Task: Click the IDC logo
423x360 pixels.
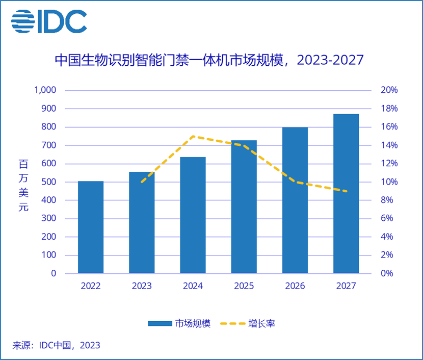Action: [x=49, y=21]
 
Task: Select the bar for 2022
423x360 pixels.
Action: [x=91, y=227]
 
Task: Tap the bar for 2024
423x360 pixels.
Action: [x=193, y=215]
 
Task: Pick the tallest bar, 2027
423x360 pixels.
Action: [x=346, y=193]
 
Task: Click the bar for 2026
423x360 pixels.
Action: [x=295, y=200]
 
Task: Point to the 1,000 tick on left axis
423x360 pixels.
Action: [x=46, y=90]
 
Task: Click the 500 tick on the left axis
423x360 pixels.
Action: [x=49, y=182]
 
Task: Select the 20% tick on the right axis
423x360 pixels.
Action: [x=389, y=90]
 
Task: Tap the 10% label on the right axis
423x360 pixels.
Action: [x=389, y=182]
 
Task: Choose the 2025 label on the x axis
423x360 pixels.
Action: [x=244, y=286]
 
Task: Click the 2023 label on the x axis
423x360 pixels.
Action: [x=142, y=286]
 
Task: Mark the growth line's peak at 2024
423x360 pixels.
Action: [x=193, y=136]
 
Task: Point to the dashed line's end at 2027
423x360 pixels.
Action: [x=346, y=191]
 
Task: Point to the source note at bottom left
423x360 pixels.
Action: [x=56, y=345]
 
